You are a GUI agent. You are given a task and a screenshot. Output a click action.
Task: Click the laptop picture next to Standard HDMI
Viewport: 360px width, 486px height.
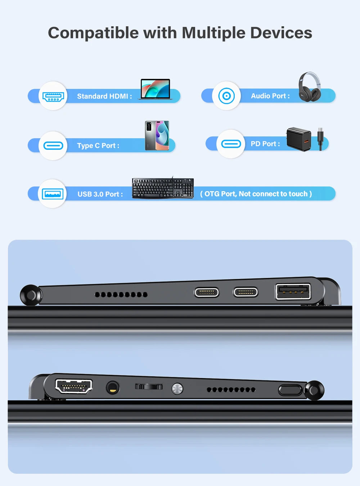point(155,89)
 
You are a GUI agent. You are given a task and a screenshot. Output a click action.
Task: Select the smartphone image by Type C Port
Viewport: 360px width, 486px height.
point(157,135)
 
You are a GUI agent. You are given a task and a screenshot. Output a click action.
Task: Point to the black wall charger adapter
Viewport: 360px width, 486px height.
point(299,139)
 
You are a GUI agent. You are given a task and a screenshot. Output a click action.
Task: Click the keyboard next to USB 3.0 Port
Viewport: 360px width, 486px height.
point(163,188)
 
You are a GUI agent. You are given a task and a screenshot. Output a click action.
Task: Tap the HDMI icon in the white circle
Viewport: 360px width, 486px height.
point(53,96)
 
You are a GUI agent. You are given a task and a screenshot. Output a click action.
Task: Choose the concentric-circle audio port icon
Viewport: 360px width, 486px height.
point(226,96)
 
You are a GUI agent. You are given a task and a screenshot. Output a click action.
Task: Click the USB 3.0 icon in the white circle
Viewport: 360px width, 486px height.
point(53,194)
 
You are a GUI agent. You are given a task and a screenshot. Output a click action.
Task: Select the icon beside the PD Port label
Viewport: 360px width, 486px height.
point(231,144)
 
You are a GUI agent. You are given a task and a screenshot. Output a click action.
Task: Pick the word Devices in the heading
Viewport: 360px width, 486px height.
point(281,33)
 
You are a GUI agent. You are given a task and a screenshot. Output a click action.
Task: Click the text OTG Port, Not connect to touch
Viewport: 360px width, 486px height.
point(256,194)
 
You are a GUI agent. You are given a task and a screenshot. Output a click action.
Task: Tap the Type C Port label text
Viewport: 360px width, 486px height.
point(98,145)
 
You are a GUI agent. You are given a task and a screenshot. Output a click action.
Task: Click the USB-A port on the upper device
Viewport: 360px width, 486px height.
point(293,291)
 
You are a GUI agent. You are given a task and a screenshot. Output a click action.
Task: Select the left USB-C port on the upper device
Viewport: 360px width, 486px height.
point(207,292)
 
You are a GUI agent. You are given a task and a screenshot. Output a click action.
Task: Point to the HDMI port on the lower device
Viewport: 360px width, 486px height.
point(74,386)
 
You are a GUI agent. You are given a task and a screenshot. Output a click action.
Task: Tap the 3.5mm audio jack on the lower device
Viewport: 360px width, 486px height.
point(113,388)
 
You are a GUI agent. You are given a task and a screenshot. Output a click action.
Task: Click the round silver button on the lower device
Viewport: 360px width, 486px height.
point(177,389)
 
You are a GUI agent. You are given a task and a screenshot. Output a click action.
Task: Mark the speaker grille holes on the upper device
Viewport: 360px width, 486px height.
point(121,294)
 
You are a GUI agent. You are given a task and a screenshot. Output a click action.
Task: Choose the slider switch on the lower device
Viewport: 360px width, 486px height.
point(149,387)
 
